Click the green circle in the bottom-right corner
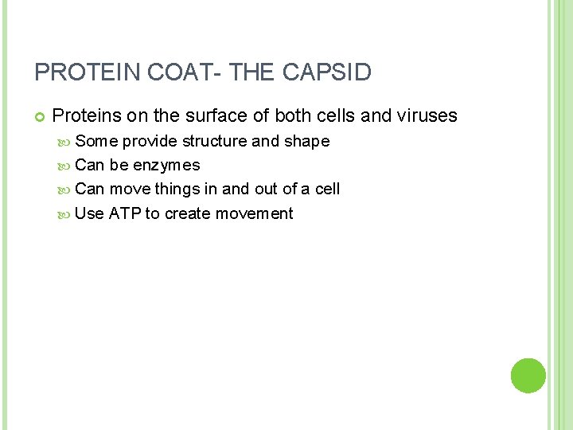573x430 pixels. (x=528, y=376)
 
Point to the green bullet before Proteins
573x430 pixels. (x=39, y=116)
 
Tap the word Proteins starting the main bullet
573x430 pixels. (x=86, y=115)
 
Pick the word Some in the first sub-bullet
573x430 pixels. (x=96, y=142)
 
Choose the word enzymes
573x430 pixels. (x=166, y=166)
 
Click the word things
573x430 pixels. (x=176, y=190)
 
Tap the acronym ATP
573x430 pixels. (x=125, y=213)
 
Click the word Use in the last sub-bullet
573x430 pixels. (x=89, y=213)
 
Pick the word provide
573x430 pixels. (x=150, y=142)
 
